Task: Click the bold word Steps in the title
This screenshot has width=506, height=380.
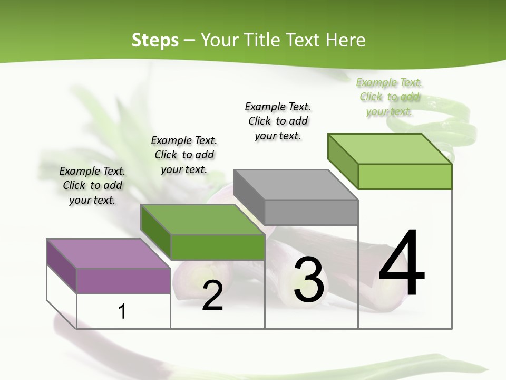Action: [155, 40]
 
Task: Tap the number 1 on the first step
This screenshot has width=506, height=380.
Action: [122, 311]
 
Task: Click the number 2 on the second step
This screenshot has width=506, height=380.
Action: [212, 296]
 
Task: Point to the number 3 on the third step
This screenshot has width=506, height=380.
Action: [309, 280]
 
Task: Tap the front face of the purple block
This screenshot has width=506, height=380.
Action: [123, 281]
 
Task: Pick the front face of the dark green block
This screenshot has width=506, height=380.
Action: [217, 247]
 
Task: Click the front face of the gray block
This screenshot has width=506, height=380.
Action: [311, 212]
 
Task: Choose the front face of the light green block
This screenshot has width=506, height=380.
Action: [405, 176]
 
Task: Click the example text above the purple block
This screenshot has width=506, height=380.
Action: [92, 185]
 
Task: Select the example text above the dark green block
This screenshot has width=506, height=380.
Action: [184, 155]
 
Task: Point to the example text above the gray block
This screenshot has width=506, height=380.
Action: [278, 121]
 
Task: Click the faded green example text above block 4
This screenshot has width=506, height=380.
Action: [390, 97]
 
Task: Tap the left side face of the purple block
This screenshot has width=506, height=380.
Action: [62, 265]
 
